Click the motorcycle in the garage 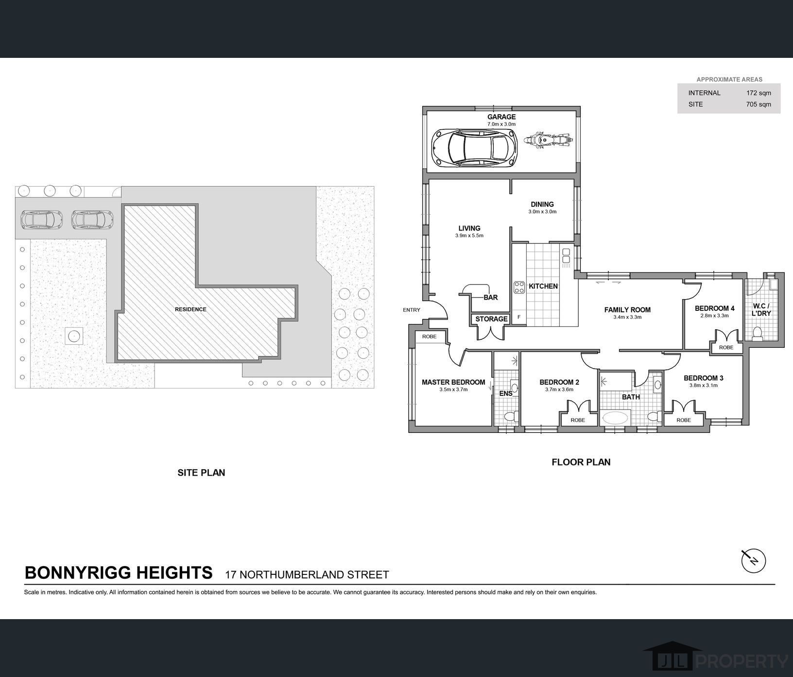click(548, 140)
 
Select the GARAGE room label click(501, 117)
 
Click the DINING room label click(542, 204)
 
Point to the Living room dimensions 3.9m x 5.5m click(469, 235)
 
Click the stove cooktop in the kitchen click(519, 287)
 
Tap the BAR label click(491, 298)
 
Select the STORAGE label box click(491, 319)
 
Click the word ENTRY click(412, 310)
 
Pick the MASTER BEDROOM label click(453, 382)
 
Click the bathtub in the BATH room click(616, 418)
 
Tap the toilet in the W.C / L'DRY click(757, 333)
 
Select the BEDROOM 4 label click(714, 308)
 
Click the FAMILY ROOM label click(627, 310)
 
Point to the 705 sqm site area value click(759, 105)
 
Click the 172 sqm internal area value click(759, 93)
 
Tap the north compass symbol click(753, 561)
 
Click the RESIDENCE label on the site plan click(190, 309)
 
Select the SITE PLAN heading click(201, 472)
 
